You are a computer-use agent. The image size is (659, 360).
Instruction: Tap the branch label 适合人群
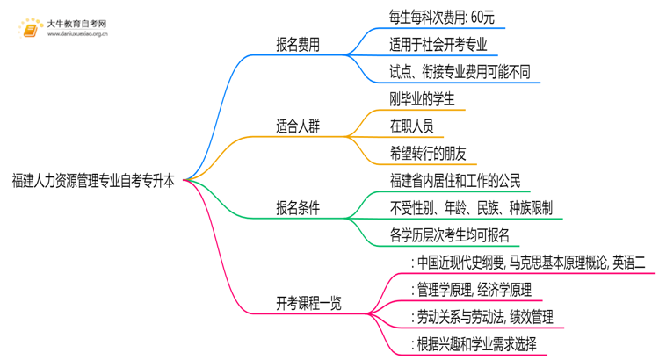pyautogui.click(x=298, y=126)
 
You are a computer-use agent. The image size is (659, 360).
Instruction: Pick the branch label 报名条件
pyautogui.click(x=298, y=208)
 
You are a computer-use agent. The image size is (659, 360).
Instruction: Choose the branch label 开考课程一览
pyautogui.click(x=308, y=304)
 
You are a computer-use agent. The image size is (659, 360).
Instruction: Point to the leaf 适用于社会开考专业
pyautogui.click(x=438, y=43)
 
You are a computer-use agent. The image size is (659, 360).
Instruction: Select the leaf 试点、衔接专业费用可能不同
pyautogui.click(x=460, y=71)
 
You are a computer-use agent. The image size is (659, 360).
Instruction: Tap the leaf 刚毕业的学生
pyautogui.click(x=422, y=98)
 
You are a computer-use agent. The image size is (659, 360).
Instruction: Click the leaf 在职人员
pyautogui.click(x=410, y=126)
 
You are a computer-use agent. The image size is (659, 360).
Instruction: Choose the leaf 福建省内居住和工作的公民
pyautogui.click(x=455, y=181)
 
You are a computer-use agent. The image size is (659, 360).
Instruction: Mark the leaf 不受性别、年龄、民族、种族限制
pyautogui.click(x=471, y=208)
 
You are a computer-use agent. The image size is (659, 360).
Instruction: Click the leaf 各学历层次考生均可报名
pyautogui.click(x=449, y=235)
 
